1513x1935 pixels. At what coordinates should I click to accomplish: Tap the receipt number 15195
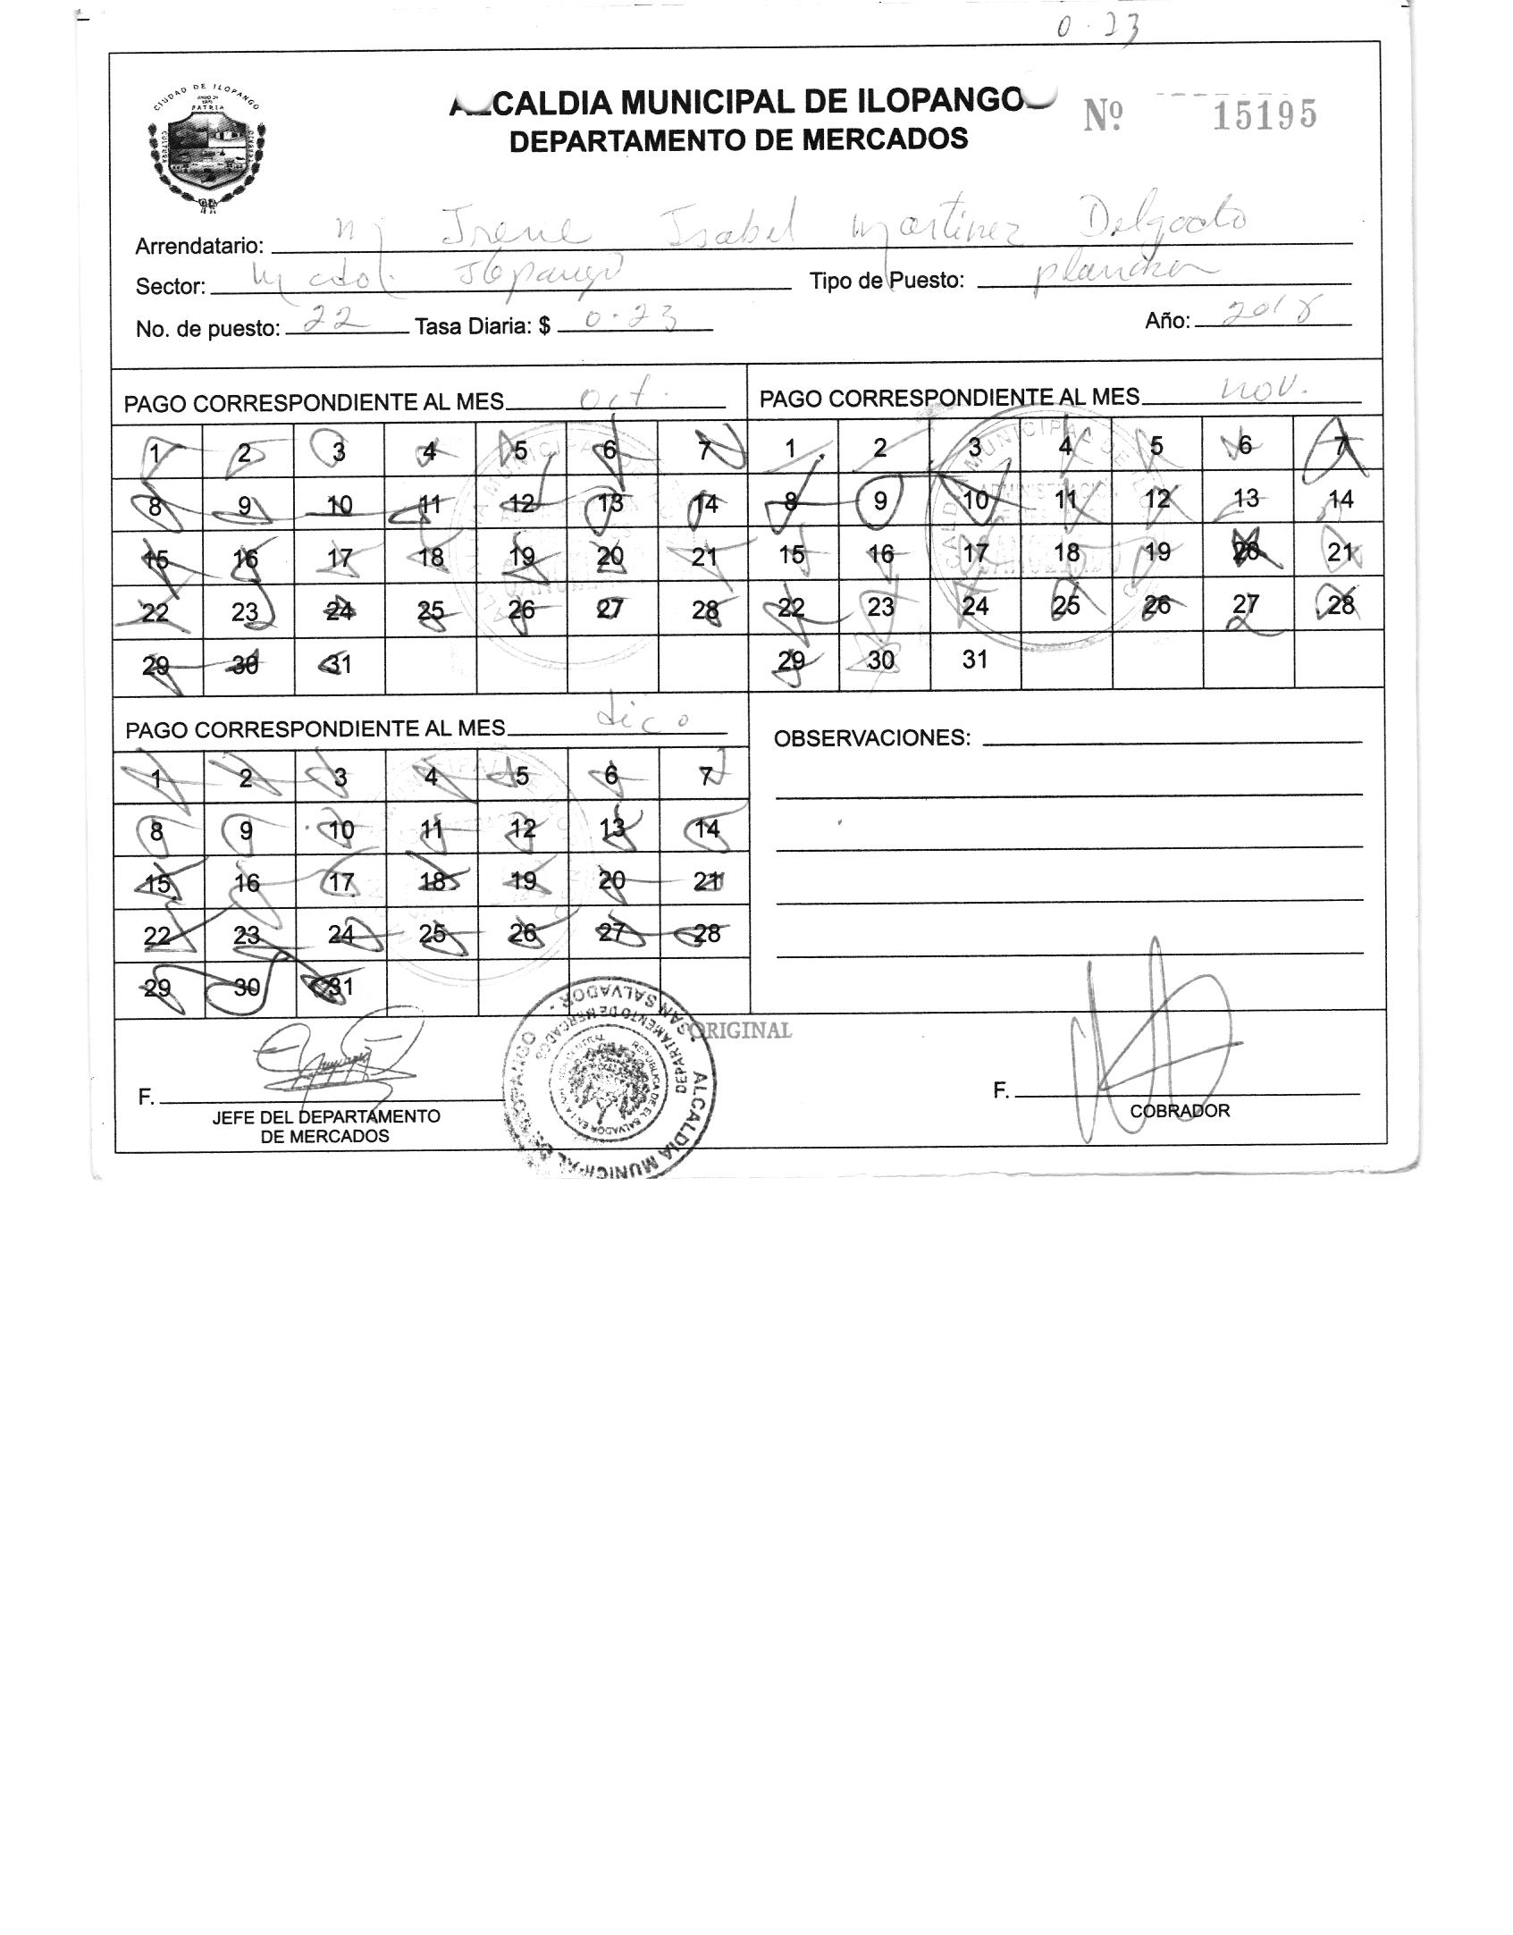coord(1264,115)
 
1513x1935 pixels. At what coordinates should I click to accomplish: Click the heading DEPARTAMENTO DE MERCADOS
coord(738,139)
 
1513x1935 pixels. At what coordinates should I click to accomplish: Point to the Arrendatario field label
coord(199,246)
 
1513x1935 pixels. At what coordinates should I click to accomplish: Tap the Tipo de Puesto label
coord(887,281)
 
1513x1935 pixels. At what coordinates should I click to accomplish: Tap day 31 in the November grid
coord(975,660)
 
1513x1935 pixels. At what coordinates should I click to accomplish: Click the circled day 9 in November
coord(880,501)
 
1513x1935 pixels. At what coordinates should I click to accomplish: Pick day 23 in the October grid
coord(245,611)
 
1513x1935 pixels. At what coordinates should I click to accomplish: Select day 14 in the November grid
coord(1341,500)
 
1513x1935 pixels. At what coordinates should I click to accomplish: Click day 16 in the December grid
coord(247,883)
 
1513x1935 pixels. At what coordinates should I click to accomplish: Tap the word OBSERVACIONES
coord(871,738)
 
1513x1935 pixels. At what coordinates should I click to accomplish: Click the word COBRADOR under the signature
coord(1180,1111)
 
